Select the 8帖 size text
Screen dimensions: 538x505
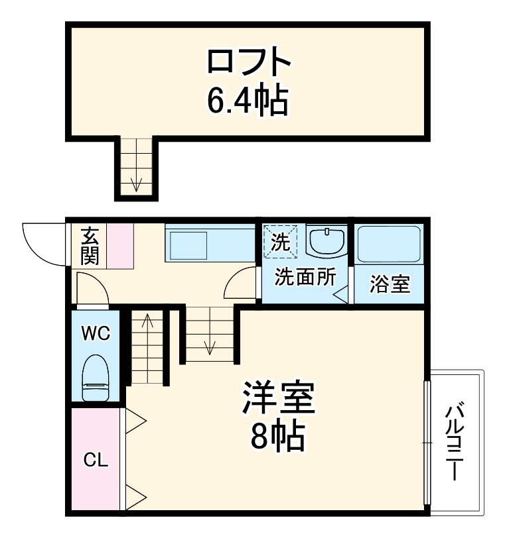(x=278, y=437)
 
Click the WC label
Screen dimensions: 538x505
(x=96, y=333)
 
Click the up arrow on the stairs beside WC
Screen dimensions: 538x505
(x=147, y=325)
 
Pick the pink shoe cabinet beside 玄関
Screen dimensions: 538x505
(x=120, y=246)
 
